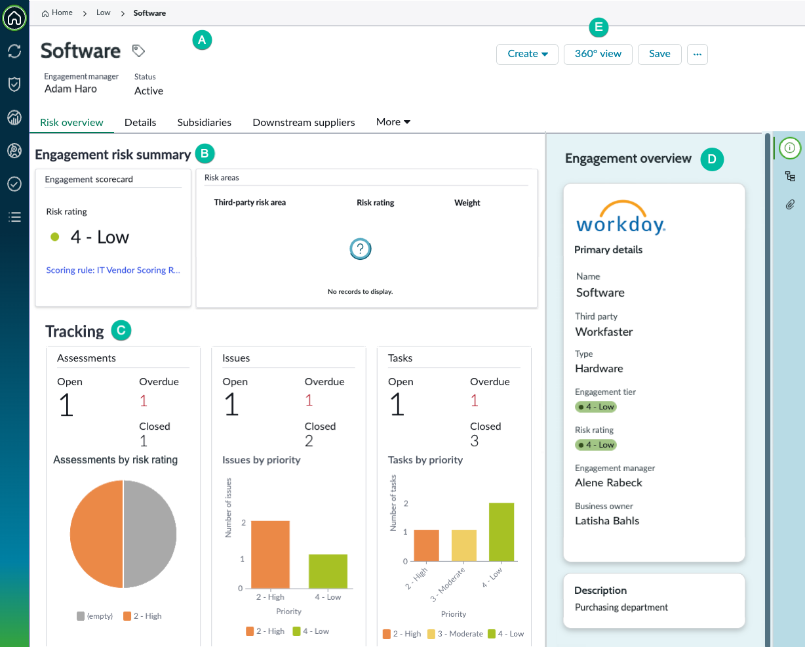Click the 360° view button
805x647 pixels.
(x=598, y=54)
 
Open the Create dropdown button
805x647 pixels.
(x=527, y=54)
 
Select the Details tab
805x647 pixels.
(x=140, y=123)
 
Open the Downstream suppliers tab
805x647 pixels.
(x=304, y=123)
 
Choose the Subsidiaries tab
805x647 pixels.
(x=205, y=123)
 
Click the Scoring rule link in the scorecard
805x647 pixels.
(x=113, y=270)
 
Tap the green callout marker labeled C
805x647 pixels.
(x=121, y=330)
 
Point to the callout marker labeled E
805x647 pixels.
(x=599, y=27)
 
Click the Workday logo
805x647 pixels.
(x=621, y=217)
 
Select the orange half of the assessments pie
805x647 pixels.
(x=96, y=534)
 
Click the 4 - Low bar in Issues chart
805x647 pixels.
(x=328, y=571)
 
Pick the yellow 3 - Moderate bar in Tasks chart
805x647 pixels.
(x=464, y=545)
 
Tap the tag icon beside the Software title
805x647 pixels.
(x=138, y=51)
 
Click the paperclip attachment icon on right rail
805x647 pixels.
(x=790, y=205)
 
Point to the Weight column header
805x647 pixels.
(x=467, y=203)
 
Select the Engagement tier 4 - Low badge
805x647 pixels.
(x=595, y=407)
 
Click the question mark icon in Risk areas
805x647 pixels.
(x=361, y=249)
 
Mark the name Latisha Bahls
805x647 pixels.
(x=607, y=521)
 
